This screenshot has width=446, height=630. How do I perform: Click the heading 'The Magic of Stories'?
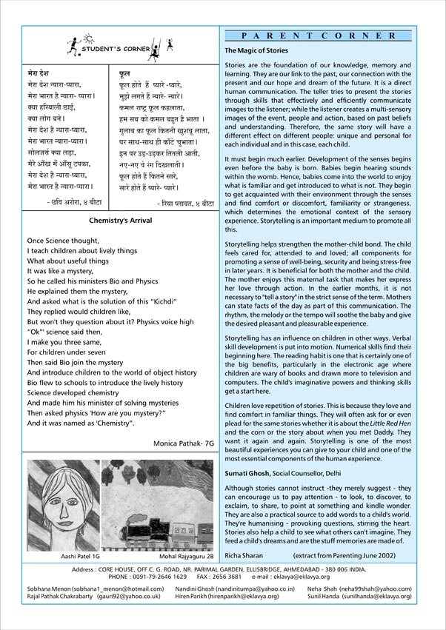point(256,50)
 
